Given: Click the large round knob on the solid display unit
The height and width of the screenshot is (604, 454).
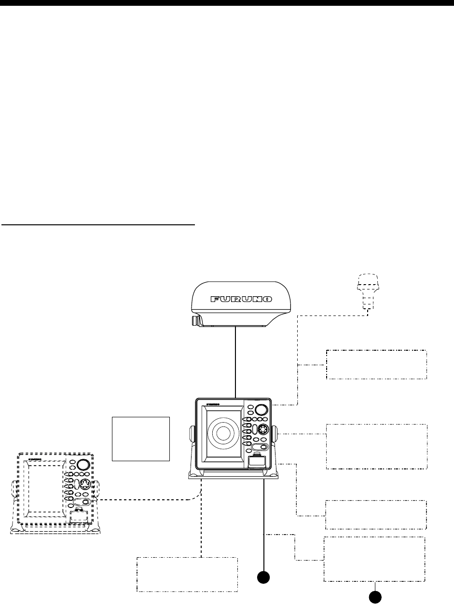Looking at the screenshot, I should tap(261, 410).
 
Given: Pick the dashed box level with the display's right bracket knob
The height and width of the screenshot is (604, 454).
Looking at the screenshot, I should tap(376, 447).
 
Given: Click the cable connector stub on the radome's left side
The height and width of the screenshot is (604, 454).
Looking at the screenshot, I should tap(195, 320).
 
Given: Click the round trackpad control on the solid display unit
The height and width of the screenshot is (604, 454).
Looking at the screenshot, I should tap(263, 429).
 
